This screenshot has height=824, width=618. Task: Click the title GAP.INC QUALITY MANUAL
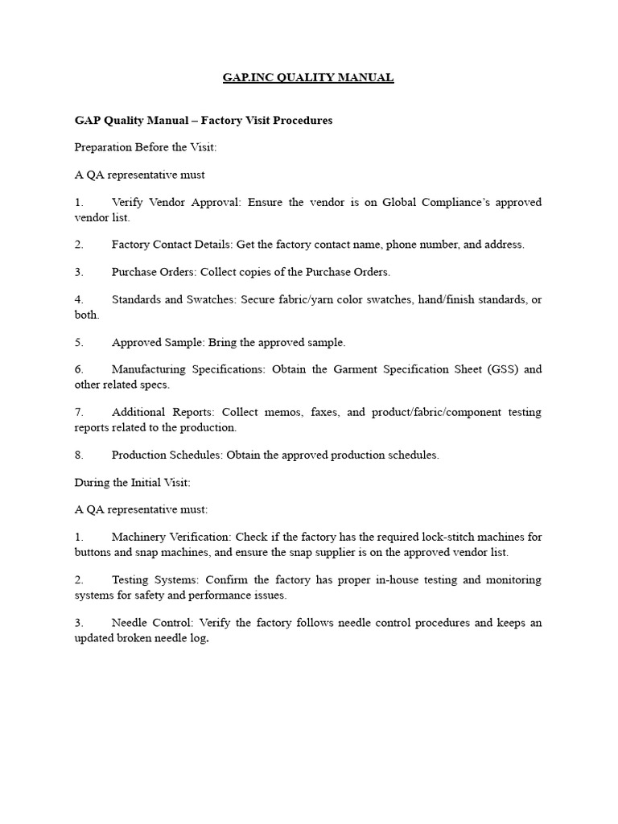click(308, 78)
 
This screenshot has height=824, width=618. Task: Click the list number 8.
click(79, 455)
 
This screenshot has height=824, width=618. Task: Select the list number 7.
click(79, 412)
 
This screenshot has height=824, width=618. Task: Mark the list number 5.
click(79, 342)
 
